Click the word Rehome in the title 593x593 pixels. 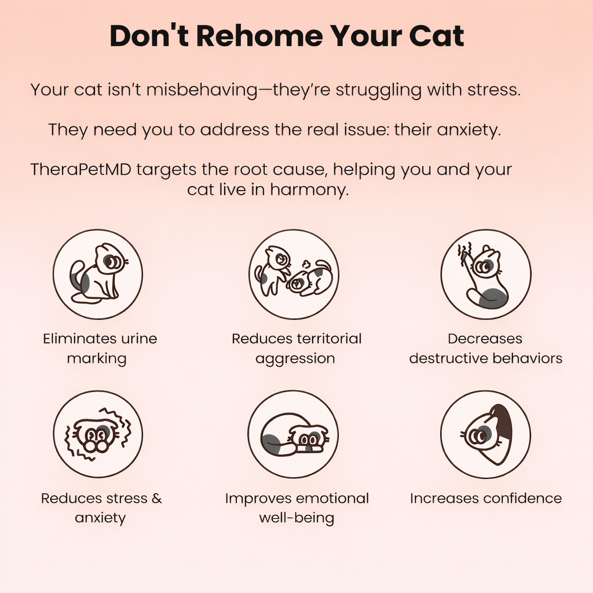(x=259, y=36)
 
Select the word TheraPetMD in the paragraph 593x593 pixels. (x=80, y=169)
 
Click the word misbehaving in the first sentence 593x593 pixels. (x=202, y=90)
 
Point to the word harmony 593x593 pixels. (x=309, y=189)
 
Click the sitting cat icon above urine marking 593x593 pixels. (x=98, y=274)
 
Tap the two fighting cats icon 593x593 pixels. (x=294, y=274)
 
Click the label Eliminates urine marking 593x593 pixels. (x=100, y=348)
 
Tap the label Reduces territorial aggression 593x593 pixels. (x=296, y=348)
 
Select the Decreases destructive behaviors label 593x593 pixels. (x=486, y=348)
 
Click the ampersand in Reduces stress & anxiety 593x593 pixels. (x=156, y=498)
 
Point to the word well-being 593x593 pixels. (x=296, y=518)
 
